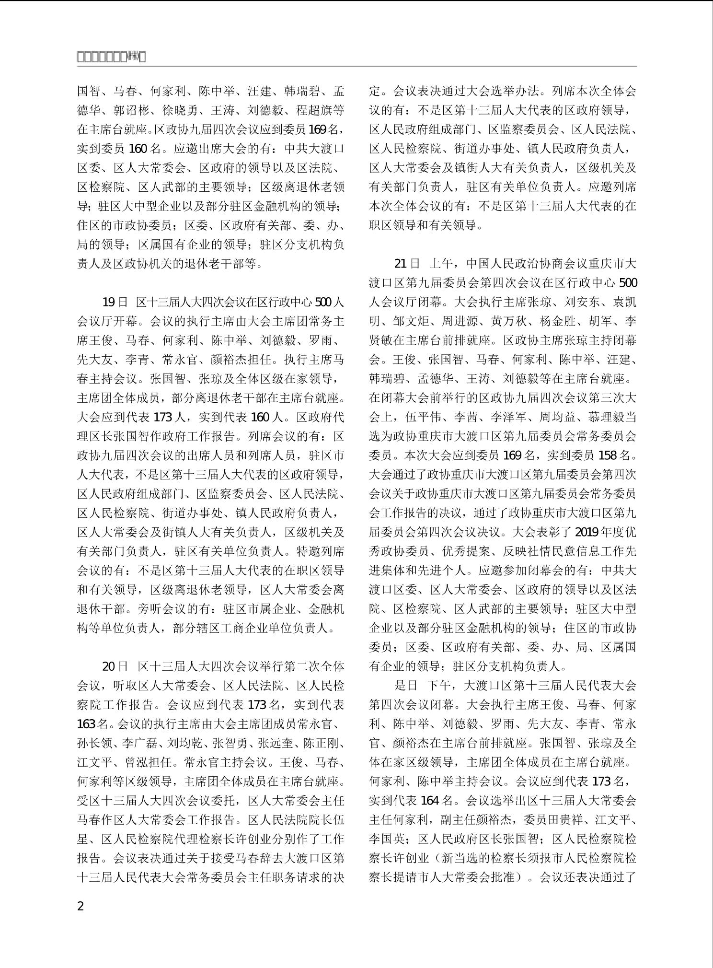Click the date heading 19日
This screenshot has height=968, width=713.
tap(115, 302)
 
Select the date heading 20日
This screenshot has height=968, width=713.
tap(115, 666)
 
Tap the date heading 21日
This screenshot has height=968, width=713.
tap(407, 264)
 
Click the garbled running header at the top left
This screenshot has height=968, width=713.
tap(111, 58)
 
